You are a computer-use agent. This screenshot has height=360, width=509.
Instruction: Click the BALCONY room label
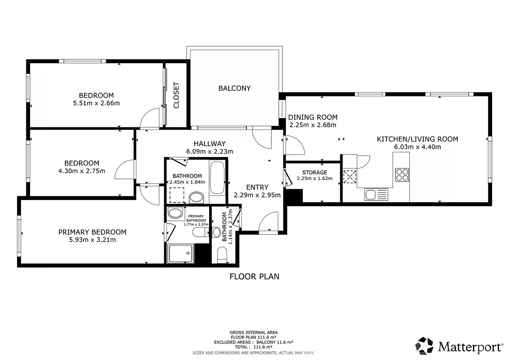tap(234, 88)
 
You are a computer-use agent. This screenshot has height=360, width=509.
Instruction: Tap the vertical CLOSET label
tap(176, 95)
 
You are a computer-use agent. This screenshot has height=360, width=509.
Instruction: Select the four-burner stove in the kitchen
tap(402, 174)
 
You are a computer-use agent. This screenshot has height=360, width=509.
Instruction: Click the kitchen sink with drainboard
tap(376, 194)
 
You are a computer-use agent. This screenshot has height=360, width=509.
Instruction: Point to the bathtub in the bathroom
tap(217, 177)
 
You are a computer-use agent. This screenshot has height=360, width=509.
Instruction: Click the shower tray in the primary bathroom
tap(181, 253)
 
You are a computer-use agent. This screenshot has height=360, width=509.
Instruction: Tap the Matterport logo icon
tap(424, 346)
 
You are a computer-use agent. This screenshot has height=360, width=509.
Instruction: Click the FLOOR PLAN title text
tap(254, 276)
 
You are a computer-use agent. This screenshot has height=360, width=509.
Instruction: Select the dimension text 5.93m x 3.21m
tap(92, 240)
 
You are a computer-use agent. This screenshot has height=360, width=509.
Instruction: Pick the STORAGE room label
tap(314, 172)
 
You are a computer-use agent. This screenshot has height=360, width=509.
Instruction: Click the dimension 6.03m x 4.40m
tap(417, 147)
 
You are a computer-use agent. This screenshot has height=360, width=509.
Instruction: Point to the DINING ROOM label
tap(313, 117)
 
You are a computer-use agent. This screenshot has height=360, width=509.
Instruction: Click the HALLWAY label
tap(210, 144)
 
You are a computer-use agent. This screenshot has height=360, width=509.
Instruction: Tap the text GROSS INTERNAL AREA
tap(254, 332)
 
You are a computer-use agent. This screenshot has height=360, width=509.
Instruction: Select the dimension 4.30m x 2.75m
tap(81, 171)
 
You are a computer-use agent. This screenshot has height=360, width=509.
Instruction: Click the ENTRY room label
tap(257, 187)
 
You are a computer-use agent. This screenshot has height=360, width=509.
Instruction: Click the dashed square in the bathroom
tap(177, 195)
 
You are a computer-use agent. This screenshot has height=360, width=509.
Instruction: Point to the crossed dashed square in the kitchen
tap(350, 177)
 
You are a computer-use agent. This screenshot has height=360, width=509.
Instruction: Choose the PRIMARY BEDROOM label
tap(92, 232)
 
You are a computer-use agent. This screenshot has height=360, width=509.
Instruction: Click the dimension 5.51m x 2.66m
tap(96, 103)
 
